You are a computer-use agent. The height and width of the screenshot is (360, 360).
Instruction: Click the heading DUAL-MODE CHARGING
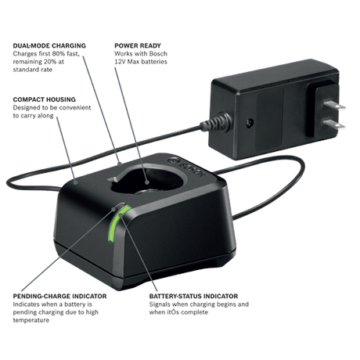point(49,45)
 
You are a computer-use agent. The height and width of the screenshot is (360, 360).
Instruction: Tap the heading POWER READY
point(138,45)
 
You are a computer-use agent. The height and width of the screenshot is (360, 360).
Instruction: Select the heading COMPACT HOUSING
point(45,99)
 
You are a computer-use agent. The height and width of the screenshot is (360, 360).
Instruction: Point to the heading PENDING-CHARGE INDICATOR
point(59,296)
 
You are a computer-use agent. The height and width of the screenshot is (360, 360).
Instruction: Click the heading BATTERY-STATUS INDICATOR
point(193,296)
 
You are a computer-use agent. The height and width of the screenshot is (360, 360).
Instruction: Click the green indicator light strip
point(117,224)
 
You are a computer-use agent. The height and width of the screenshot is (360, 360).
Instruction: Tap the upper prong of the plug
point(334,105)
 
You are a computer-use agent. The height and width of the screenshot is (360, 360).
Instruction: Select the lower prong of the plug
point(333,124)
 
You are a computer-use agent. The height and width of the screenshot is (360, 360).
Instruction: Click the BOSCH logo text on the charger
point(192,170)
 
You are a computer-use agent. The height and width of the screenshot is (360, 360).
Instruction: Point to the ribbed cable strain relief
point(216,122)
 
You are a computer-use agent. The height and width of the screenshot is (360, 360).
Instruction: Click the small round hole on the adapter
point(250,122)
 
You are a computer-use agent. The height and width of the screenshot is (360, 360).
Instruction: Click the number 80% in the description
point(61,54)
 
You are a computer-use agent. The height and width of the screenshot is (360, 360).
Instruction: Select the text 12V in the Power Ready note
point(120,62)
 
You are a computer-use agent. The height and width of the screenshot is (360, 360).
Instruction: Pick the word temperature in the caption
point(31,320)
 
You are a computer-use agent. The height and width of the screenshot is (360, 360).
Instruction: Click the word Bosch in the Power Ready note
point(158,54)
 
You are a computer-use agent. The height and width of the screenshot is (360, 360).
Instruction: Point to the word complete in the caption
point(195,312)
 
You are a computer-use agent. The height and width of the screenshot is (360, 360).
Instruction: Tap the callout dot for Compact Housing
point(75,182)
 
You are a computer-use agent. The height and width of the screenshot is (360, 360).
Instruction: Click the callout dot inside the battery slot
point(147,182)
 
